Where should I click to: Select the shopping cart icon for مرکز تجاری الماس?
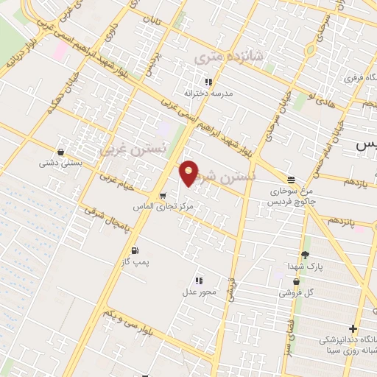point(162,196)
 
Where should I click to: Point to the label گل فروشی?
point(296,292)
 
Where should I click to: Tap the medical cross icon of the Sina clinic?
point(354,328)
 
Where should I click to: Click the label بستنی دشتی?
point(60,163)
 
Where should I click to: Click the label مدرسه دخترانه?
point(212,94)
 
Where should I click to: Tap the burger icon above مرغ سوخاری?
point(292,180)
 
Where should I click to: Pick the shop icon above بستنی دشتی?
point(60,152)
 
